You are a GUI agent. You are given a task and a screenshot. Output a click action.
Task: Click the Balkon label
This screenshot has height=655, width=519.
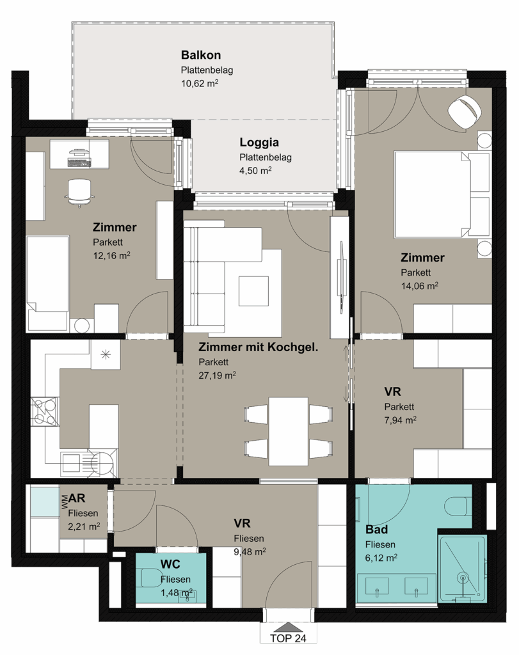tap(200, 55)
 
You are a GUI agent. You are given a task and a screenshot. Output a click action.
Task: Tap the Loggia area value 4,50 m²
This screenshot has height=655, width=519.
tap(255, 170)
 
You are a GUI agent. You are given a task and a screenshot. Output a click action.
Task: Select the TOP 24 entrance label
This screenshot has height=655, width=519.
tap(288, 638)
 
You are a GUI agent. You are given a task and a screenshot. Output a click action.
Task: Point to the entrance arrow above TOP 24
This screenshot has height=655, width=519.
tap(288, 627)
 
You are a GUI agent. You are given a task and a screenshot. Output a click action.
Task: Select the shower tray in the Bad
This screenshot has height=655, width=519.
tap(463, 569)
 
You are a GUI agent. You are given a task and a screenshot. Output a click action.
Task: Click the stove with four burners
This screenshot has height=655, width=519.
tap(44, 411)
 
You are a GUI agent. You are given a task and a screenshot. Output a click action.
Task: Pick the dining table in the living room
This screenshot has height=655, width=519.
tap(289, 431)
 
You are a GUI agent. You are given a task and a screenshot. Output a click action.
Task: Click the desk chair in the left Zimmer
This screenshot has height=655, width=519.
tap(79, 192)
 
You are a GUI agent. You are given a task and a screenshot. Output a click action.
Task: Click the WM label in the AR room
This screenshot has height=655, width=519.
tap(64, 501)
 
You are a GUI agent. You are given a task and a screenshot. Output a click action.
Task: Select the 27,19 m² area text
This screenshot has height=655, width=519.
tap(217, 375)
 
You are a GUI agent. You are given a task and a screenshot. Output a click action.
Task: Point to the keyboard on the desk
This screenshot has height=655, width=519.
tap(79, 163)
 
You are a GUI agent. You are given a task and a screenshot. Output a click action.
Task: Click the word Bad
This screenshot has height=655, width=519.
tap(376, 529)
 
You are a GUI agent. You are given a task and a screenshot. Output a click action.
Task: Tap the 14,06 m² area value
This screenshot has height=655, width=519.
tap(420, 286)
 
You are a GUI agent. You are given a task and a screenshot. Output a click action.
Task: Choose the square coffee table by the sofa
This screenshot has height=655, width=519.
tap(253, 291)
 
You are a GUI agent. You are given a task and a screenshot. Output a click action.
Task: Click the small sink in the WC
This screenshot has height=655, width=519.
tap(187, 596)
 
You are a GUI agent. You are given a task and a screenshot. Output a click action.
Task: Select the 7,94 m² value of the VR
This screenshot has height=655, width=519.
tap(400, 420)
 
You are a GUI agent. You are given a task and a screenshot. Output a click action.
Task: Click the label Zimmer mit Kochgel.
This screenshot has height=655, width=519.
tap(259, 347)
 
